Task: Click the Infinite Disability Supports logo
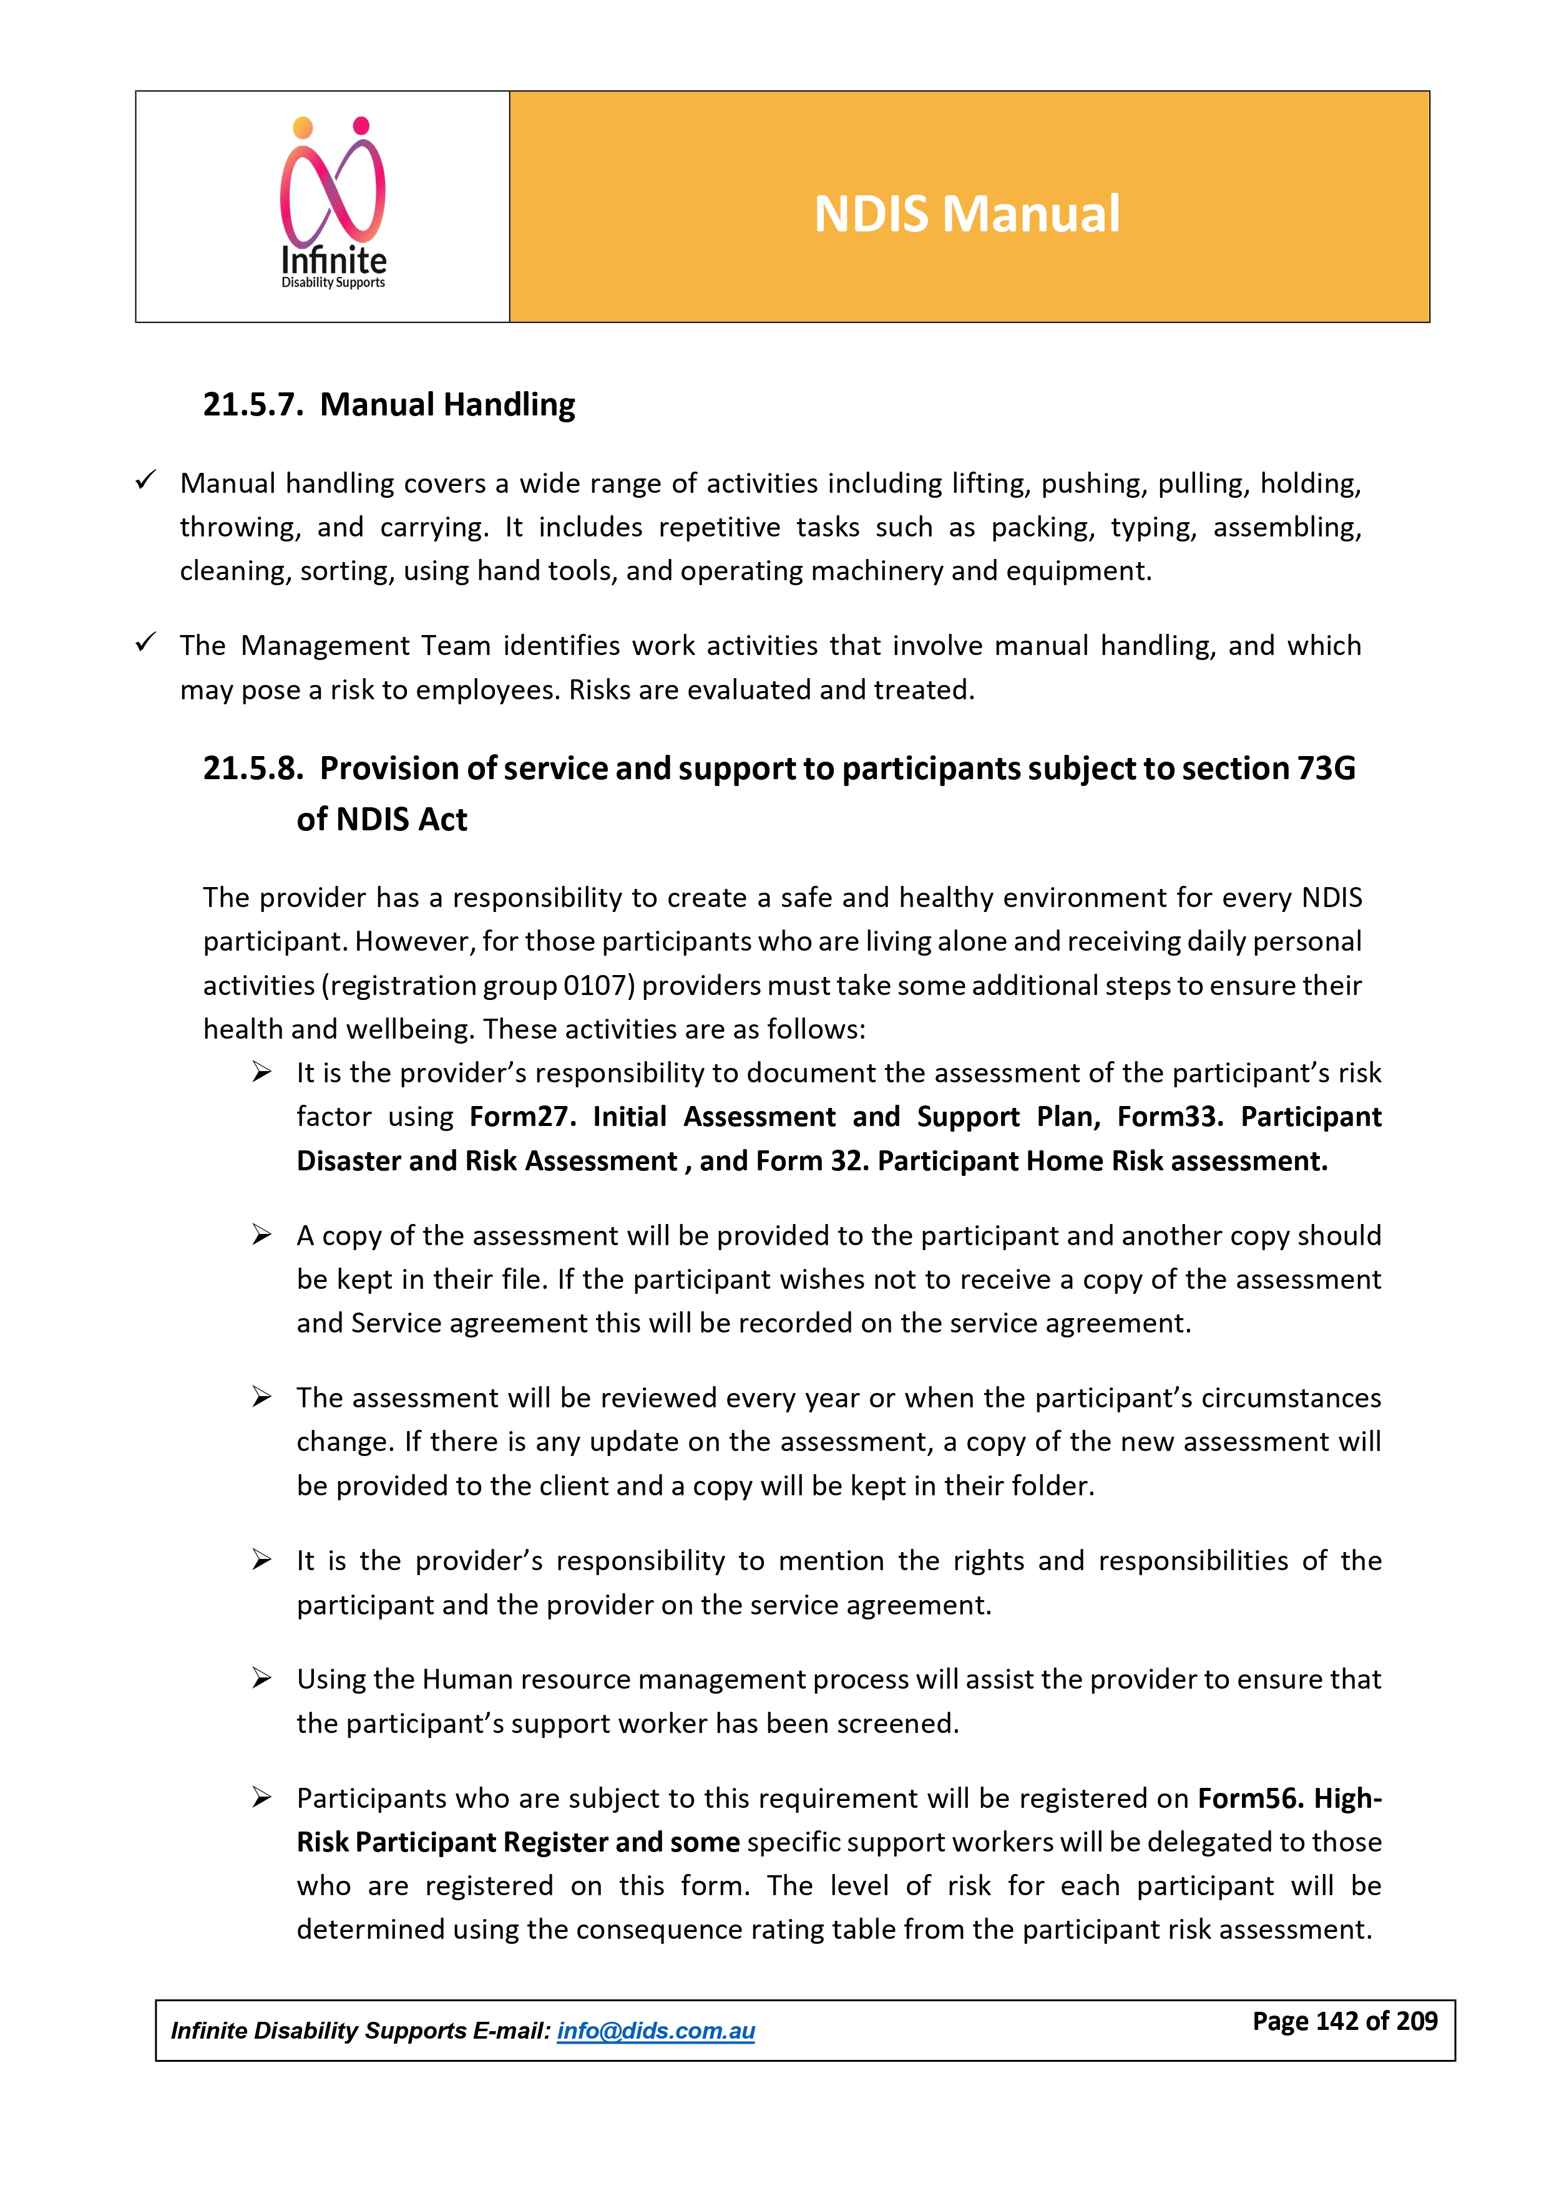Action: [333, 202]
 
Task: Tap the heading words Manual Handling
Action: [447, 404]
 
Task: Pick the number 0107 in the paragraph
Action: [598, 985]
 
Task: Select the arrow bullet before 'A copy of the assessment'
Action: [262, 1235]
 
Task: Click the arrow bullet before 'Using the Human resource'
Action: [262, 1678]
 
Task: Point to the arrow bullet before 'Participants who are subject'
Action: [262, 1797]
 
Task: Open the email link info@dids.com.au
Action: [655, 2031]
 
